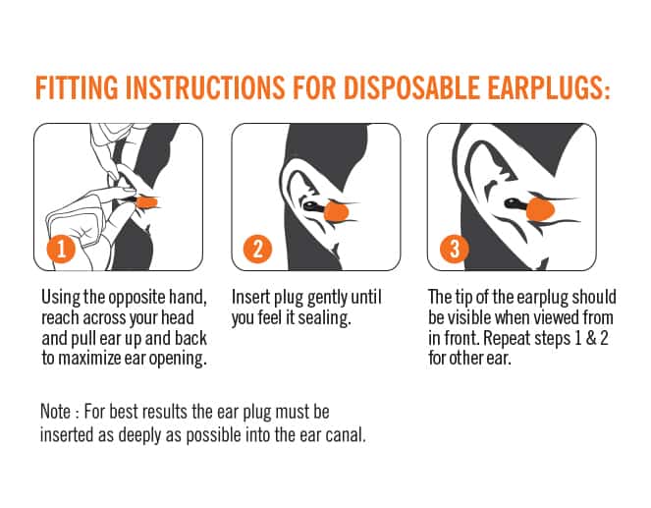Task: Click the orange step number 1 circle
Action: [61, 249]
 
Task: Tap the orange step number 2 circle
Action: [257, 249]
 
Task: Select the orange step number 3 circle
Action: [455, 249]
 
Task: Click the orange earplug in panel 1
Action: [147, 202]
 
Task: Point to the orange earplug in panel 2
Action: [336, 211]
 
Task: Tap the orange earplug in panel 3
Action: [540, 209]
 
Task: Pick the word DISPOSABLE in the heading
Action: [411, 87]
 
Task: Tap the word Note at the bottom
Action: [55, 412]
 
